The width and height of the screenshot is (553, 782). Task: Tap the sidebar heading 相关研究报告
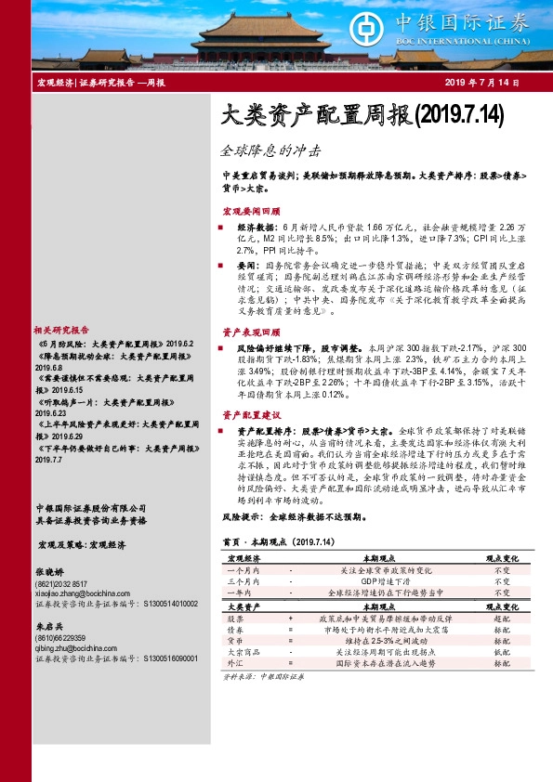coord(61,330)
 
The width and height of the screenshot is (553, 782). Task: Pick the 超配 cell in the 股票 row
coord(502,618)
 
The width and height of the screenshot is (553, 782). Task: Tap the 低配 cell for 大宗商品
coord(502,654)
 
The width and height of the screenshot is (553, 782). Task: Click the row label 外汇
coord(236,666)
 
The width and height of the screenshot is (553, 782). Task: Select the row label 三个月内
coord(244,580)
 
